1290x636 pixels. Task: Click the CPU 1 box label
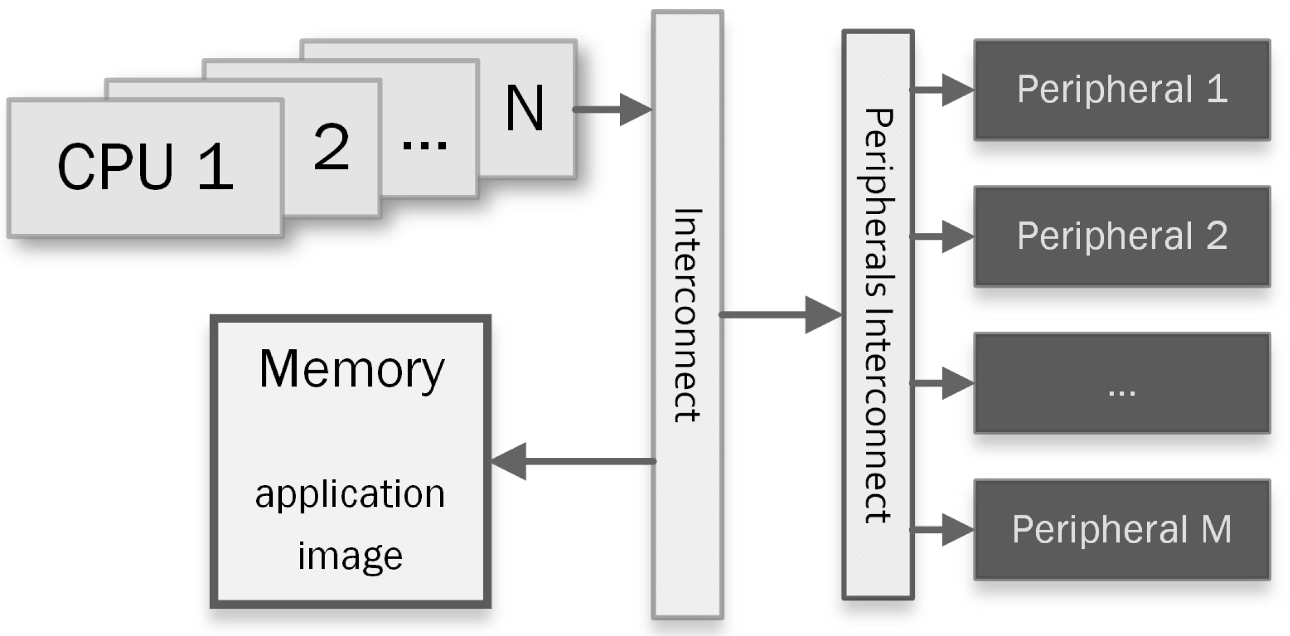pyautogui.click(x=145, y=167)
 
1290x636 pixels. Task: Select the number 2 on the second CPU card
pyautogui.click(x=331, y=147)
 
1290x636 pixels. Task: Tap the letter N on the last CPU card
pyautogui.click(x=524, y=108)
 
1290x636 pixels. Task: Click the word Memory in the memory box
pyautogui.click(x=351, y=369)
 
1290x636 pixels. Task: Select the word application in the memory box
pyautogui.click(x=350, y=494)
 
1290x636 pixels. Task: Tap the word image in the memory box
pyautogui.click(x=350, y=556)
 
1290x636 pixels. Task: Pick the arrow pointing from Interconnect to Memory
pyautogui.click(x=569, y=461)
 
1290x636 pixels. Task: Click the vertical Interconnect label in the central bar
pyautogui.click(x=688, y=315)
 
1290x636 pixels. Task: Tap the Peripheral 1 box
pyautogui.click(x=1121, y=89)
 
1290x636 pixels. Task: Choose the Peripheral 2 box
pyautogui.click(x=1121, y=236)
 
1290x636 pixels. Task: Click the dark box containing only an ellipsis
pyautogui.click(x=1121, y=383)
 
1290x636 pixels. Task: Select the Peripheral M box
pyautogui.click(x=1121, y=530)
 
